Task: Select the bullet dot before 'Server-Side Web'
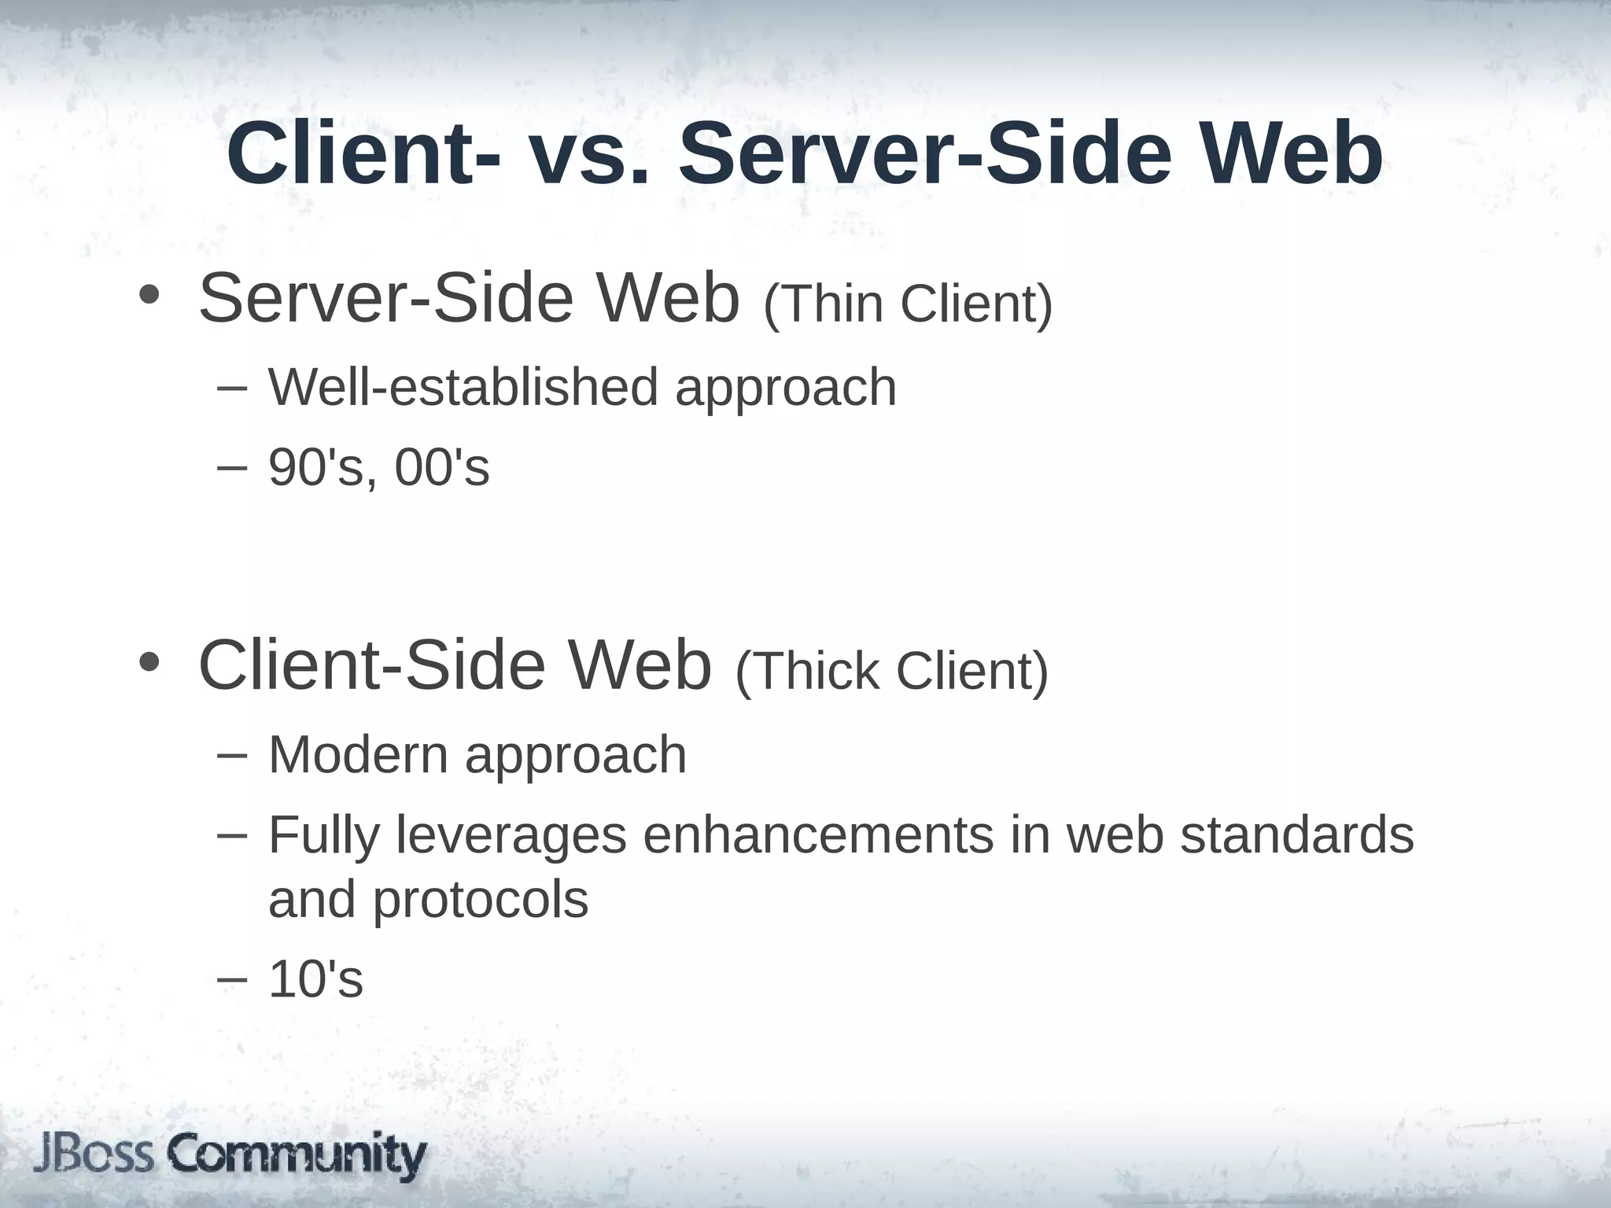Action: tap(148, 296)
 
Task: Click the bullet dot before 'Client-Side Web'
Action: tap(148, 662)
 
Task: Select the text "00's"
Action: tap(442, 468)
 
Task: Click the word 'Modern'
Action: tap(358, 754)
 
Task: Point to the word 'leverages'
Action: tap(511, 835)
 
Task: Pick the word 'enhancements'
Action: tap(818, 835)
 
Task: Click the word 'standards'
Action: tap(1297, 835)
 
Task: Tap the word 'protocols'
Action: tap(480, 900)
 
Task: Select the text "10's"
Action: tap(315, 980)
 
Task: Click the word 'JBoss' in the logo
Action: tap(94, 1155)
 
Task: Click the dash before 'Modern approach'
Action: tap(231, 753)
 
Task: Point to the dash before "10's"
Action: tap(231, 979)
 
